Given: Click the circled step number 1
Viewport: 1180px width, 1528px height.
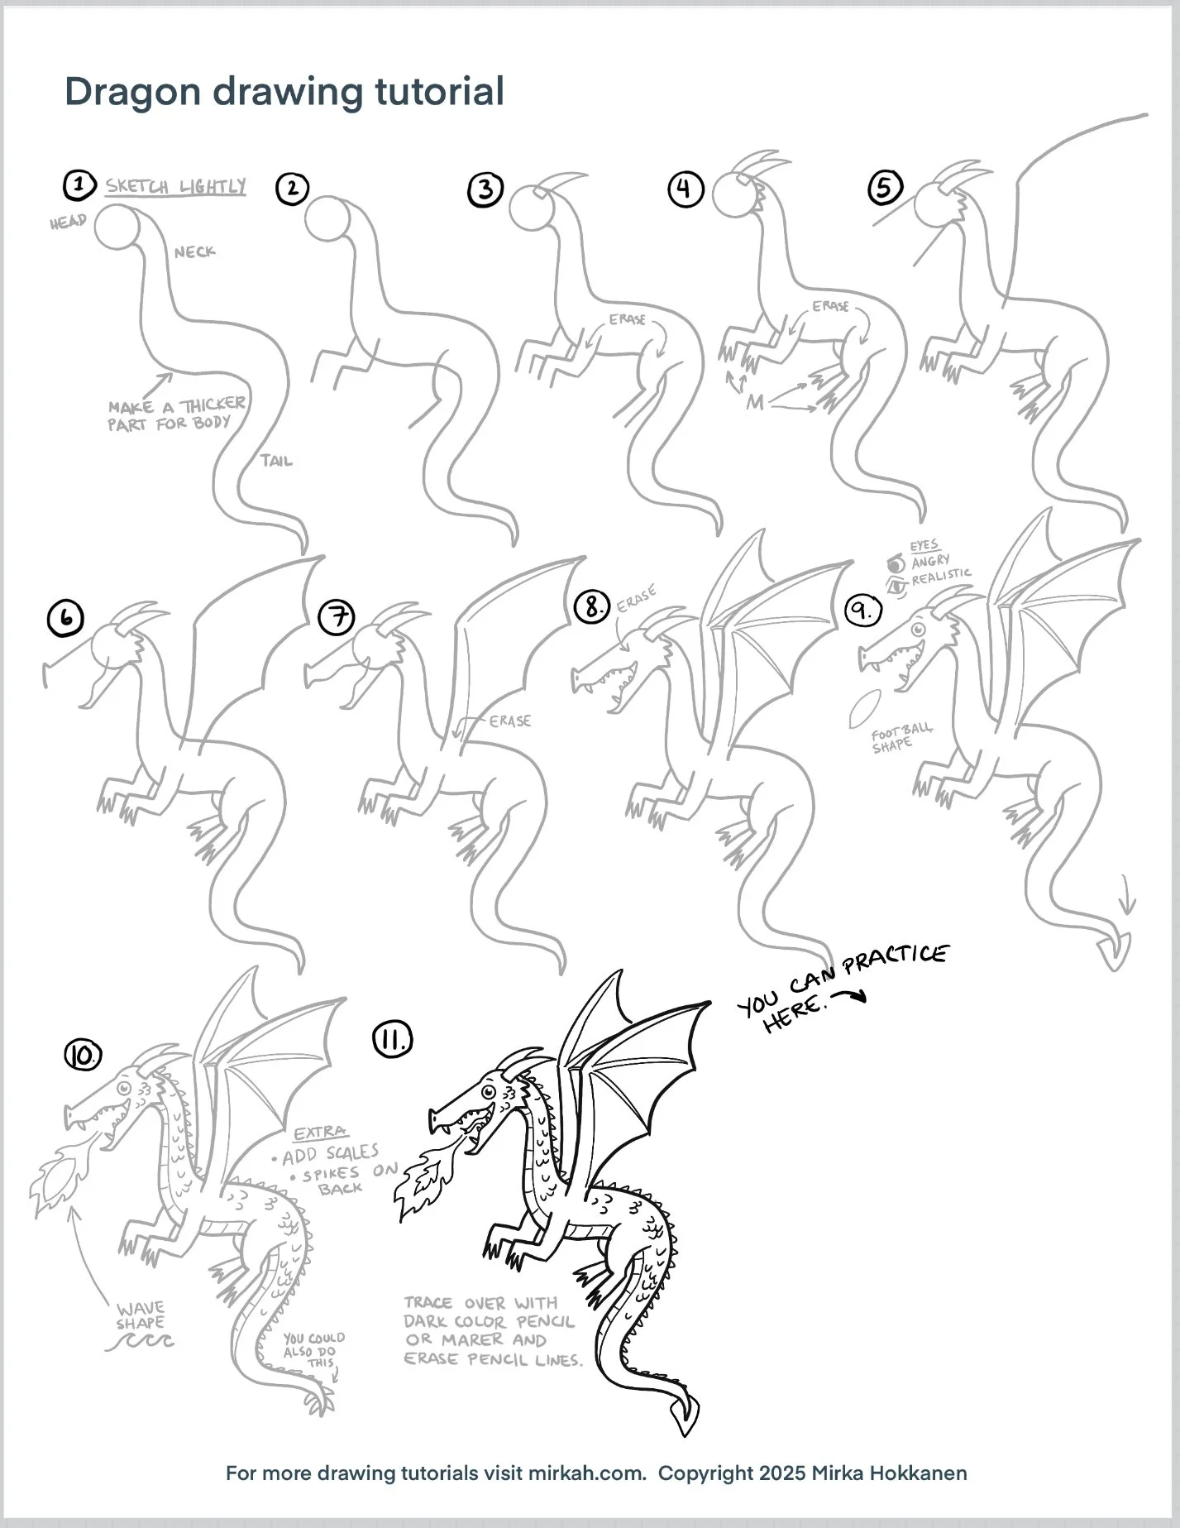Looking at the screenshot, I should point(78,184).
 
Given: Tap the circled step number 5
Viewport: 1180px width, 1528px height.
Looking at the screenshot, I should point(885,188).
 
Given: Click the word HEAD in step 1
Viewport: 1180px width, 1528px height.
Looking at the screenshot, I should point(68,222).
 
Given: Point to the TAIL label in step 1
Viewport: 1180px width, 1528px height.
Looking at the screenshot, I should point(276,461).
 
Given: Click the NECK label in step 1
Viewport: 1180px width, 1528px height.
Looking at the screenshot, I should point(194,251).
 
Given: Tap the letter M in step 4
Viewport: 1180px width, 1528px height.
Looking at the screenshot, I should point(755,403).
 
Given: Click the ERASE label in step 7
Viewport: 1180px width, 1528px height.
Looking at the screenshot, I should point(509,721).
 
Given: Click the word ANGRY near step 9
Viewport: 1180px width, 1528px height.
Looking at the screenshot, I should point(930,562).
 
